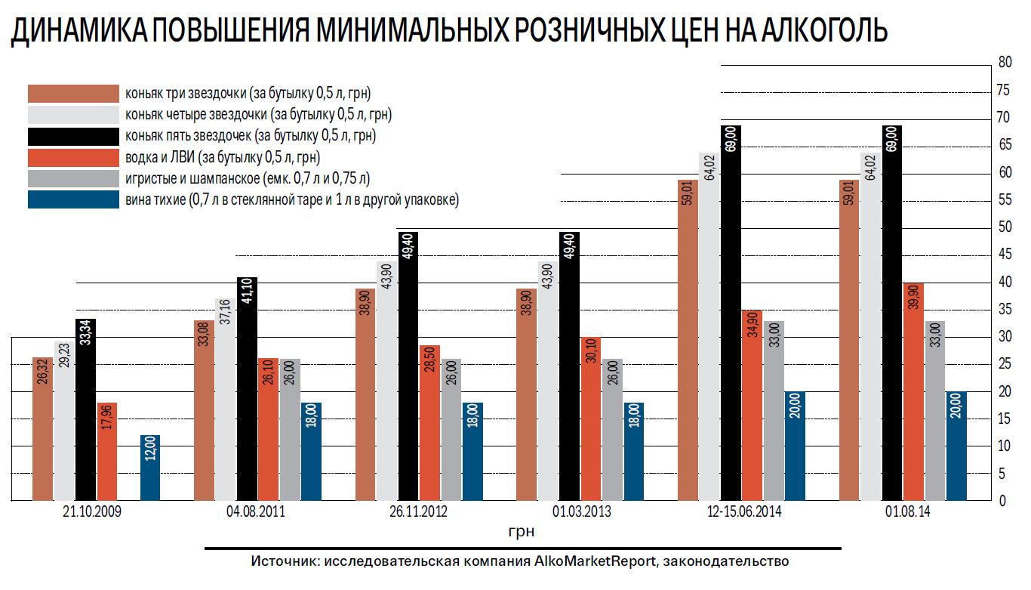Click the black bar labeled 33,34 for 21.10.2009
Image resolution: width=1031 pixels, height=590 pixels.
pyautogui.click(x=85, y=410)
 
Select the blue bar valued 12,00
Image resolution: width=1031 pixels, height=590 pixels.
pyautogui.click(x=151, y=468)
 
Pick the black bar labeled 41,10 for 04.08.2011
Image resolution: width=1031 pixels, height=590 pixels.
pyautogui.click(x=247, y=389)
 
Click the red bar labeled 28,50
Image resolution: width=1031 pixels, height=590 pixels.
pyautogui.click(x=429, y=423)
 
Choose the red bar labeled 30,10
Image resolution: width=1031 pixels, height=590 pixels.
pyautogui.click(x=591, y=419)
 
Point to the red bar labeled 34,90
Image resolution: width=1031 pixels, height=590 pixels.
pyautogui.click(x=752, y=406)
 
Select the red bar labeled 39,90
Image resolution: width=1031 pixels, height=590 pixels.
pyautogui.click(x=913, y=391)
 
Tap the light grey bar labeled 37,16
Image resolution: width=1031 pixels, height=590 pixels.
pyautogui.click(x=225, y=400)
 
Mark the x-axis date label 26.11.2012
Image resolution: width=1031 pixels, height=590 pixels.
pyautogui.click(x=418, y=512)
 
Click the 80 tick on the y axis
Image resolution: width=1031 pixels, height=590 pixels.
pyautogui.click(x=1004, y=63)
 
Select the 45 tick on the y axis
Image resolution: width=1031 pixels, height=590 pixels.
pyautogui.click(x=1004, y=255)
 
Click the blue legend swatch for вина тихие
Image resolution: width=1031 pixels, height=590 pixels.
pyautogui.click(x=73, y=200)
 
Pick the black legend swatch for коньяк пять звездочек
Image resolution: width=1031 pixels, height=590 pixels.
pyautogui.click(x=73, y=137)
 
